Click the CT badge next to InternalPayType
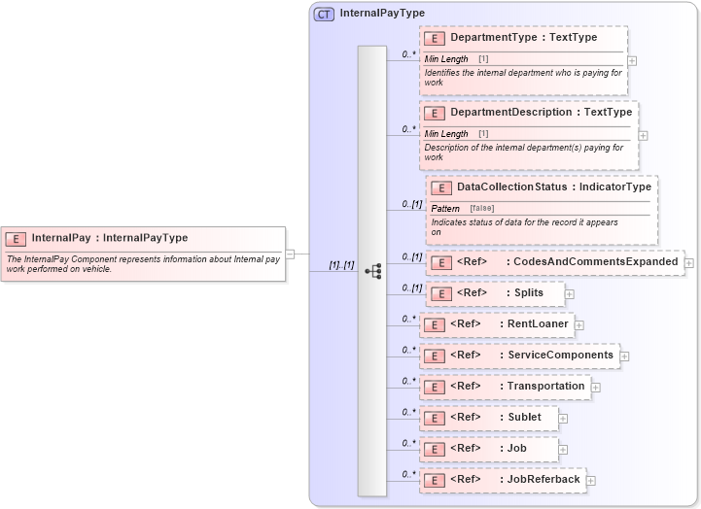click(324, 14)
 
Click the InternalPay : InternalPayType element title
click(109, 237)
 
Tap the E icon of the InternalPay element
click(16, 238)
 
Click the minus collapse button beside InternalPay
click(290, 254)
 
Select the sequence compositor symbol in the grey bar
click(372, 271)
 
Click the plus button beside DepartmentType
click(632, 60)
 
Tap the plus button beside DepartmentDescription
click(643, 135)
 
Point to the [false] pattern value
click(481, 209)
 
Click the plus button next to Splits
click(570, 293)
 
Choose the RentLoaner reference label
click(538, 323)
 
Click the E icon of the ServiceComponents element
click(435, 356)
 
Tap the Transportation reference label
click(545, 386)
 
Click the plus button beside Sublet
click(563, 419)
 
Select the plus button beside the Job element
click(563, 450)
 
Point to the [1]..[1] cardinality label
click(341, 264)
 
